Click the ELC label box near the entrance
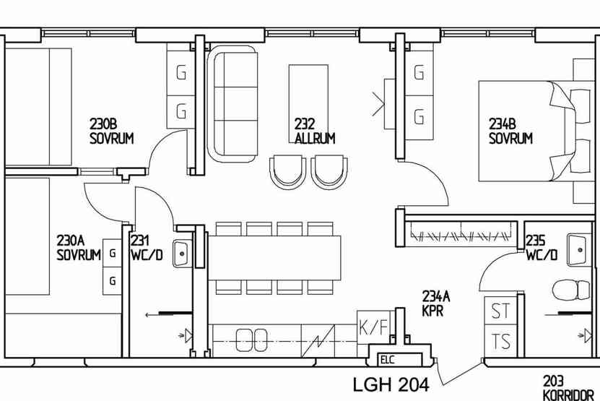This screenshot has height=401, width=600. [399, 360]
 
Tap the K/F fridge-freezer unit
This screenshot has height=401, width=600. [374, 327]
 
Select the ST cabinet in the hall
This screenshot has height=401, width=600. [501, 311]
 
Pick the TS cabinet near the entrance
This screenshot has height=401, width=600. [501, 341]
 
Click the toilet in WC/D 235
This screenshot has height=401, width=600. [572, 290]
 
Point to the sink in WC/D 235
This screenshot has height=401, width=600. [577, 250]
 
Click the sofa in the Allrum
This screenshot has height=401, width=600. [232, 103]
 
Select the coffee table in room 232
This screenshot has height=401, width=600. [308, 103]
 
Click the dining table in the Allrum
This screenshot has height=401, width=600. [274, 258]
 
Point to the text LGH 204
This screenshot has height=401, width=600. [391, 384]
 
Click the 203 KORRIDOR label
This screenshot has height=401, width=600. [568, 388]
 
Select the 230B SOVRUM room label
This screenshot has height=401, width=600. [112, 131]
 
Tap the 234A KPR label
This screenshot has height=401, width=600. [436, 303]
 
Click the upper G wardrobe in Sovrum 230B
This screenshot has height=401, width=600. [181, 73]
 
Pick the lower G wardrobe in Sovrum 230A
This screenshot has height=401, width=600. [112, 281]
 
